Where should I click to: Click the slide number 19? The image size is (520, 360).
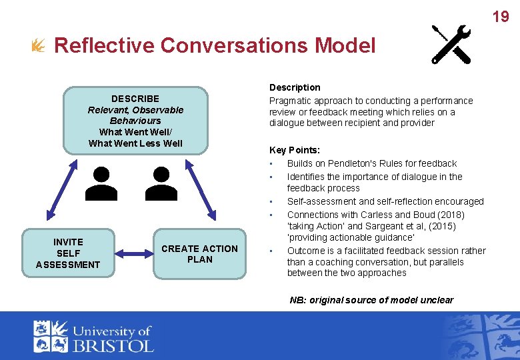point(501,17)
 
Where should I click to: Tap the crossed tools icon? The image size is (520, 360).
point(451,44)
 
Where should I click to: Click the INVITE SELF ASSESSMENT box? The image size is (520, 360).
point(68,253)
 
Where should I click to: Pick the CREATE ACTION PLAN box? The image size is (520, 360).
point(199,254)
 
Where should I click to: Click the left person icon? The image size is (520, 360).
point(103,184)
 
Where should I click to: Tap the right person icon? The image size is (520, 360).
point(161,184)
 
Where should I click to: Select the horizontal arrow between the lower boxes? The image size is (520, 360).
point(133,253)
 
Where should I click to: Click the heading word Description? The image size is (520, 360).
point(295,87)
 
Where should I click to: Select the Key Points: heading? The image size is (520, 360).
point(294,150)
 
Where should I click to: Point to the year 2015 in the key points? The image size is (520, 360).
point(441,226)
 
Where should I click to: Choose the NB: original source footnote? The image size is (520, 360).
point(371,300)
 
